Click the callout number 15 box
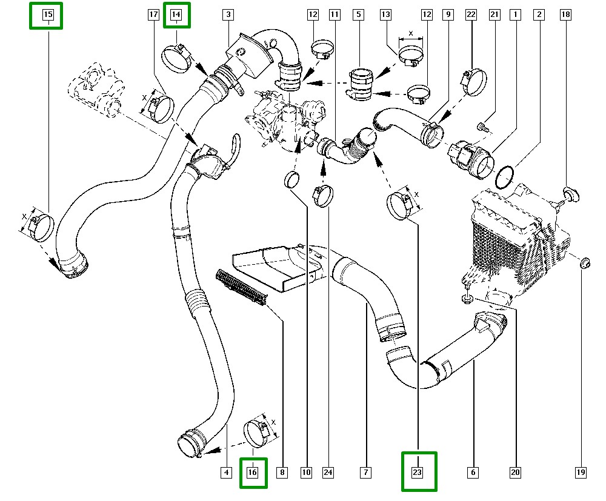click(47, 14)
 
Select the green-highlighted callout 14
click(176, 14)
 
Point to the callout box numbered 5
click(358, 14)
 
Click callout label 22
click(471, 14)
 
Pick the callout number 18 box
click(565, 14)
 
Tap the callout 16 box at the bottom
click(253, 473)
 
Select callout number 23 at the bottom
click(418, 472)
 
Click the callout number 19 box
click(581, 473)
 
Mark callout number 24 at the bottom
click(328, 473)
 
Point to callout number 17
click(153, 14)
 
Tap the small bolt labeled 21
click(482, 127)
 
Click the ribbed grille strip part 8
click(241, 287)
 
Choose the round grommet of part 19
click(585, 264)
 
